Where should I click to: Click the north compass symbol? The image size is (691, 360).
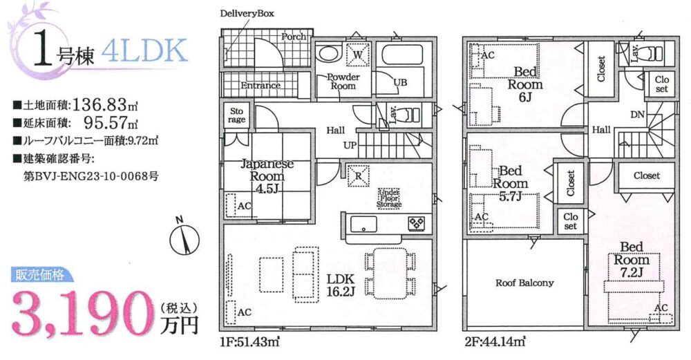point(184,239)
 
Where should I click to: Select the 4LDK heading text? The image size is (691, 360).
point(144,51)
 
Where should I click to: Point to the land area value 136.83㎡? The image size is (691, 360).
point(105,105)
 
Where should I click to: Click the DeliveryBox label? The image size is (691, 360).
point(247,13)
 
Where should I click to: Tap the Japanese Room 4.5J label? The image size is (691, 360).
point(267,176)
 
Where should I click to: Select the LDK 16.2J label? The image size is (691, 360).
point(340,285)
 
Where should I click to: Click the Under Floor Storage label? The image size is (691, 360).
point(389,198)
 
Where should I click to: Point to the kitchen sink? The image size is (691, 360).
point(363,225)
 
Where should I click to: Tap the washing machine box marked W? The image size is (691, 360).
point(358,55)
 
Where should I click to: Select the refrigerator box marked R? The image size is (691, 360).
point(358,176)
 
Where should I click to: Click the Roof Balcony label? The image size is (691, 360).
point(524,283)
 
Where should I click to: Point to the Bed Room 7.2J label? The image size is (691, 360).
point(632,260)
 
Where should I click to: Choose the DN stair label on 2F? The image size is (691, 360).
point(637,115)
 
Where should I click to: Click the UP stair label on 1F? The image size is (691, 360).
point(350,145)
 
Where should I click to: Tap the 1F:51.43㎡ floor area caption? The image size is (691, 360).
point(250,341)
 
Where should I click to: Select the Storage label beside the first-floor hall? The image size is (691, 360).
point(236,115)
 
